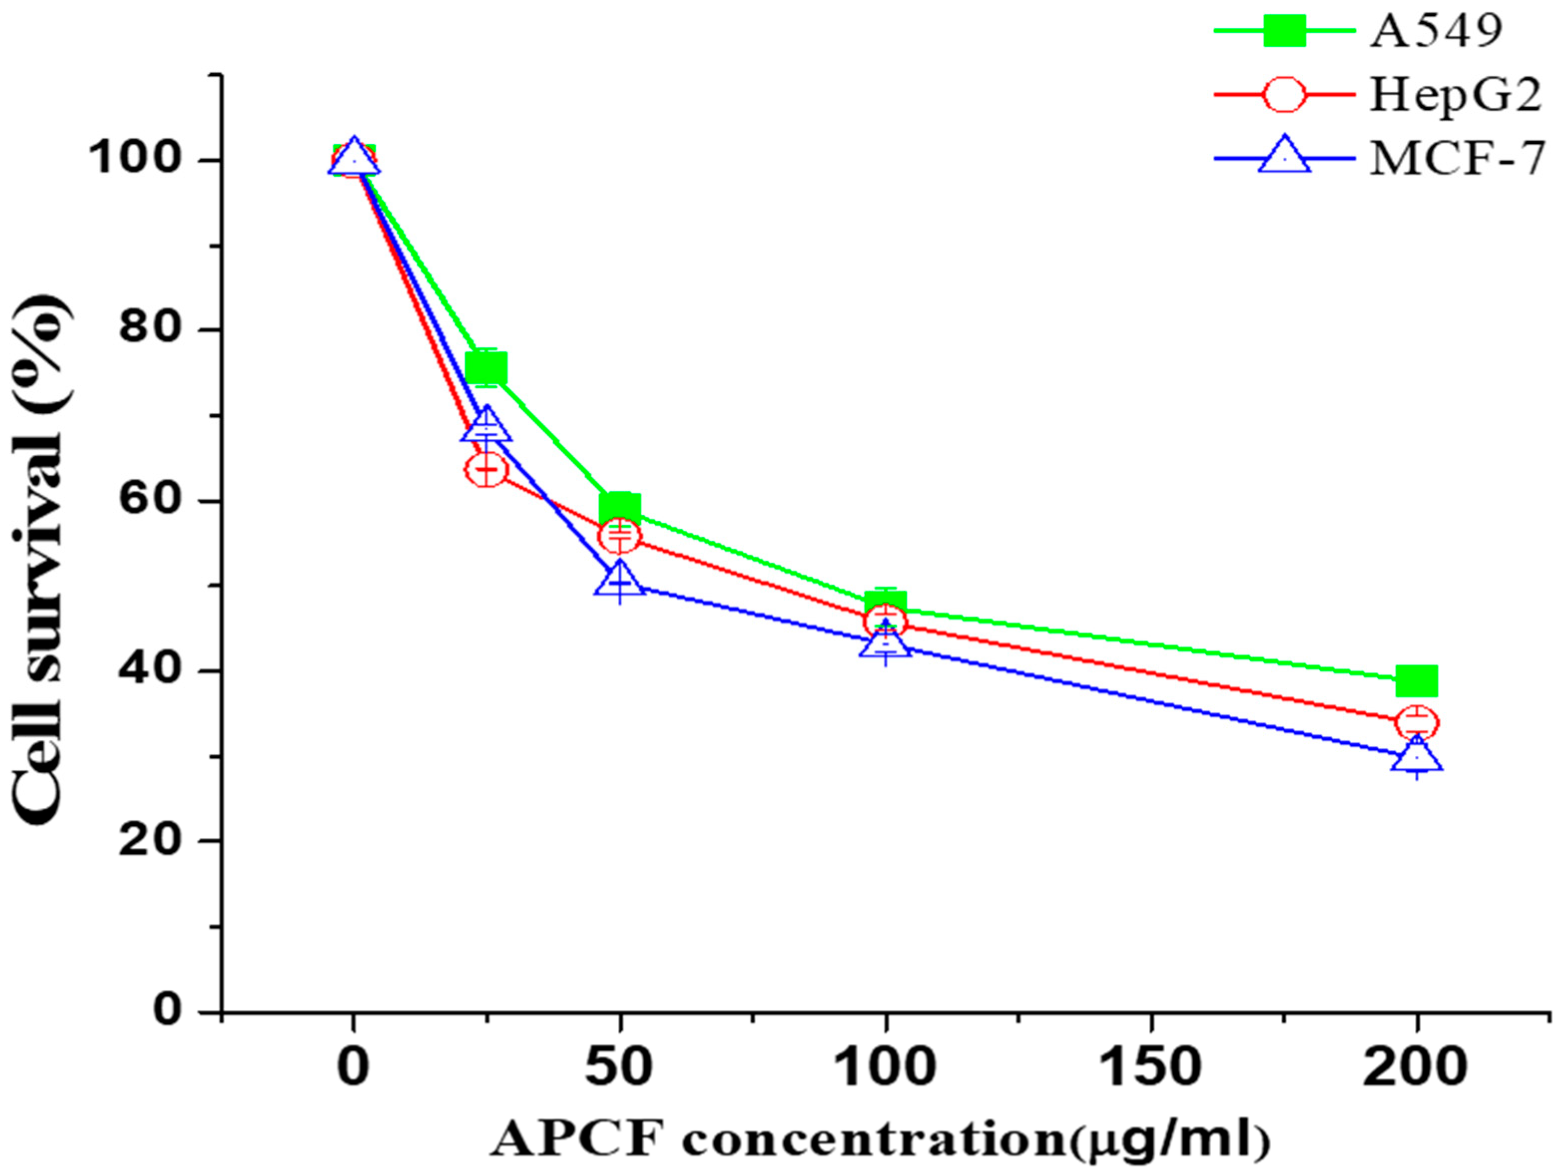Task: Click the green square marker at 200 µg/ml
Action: pos(1416,681)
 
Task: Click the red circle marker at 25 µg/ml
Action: pos(486,469)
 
